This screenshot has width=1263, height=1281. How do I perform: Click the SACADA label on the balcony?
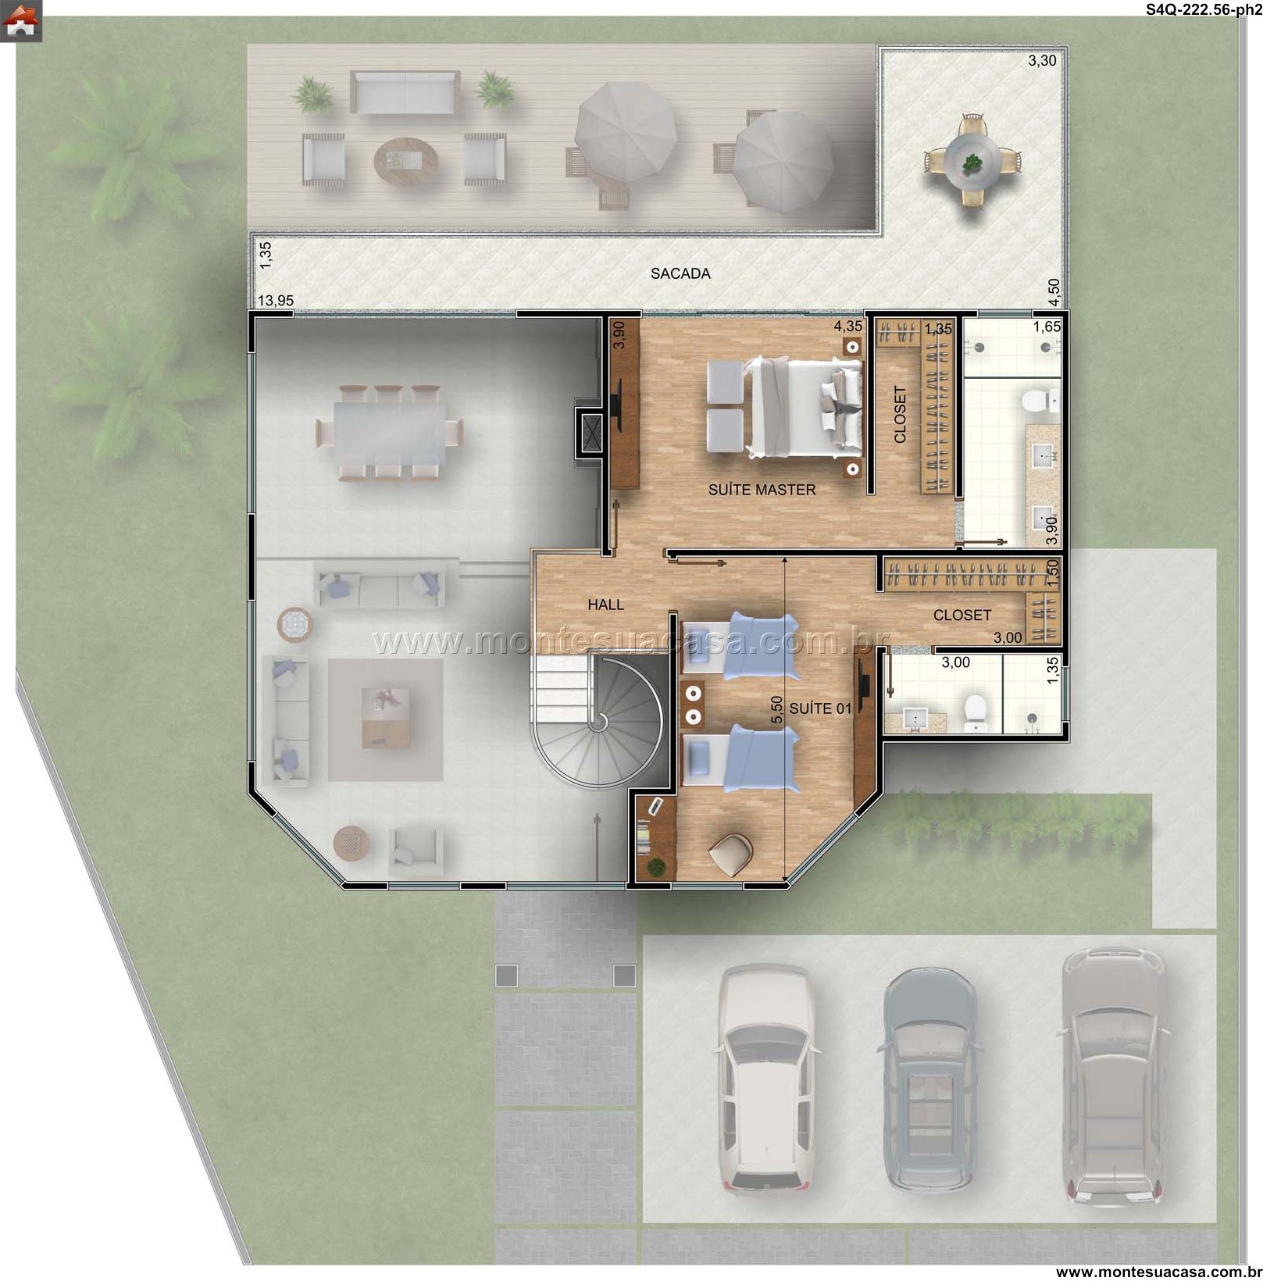680,273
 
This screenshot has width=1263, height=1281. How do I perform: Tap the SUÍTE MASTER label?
762,490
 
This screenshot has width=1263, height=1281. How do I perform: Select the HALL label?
605,605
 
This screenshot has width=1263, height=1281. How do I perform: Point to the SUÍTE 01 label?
820,708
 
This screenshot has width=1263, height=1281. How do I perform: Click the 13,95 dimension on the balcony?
276,301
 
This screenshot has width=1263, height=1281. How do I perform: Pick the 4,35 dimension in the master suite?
848,326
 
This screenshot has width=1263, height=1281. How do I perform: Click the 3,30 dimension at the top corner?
1042,60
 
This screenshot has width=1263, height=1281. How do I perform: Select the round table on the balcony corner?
972,160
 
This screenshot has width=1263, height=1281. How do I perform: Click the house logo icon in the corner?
21,21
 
